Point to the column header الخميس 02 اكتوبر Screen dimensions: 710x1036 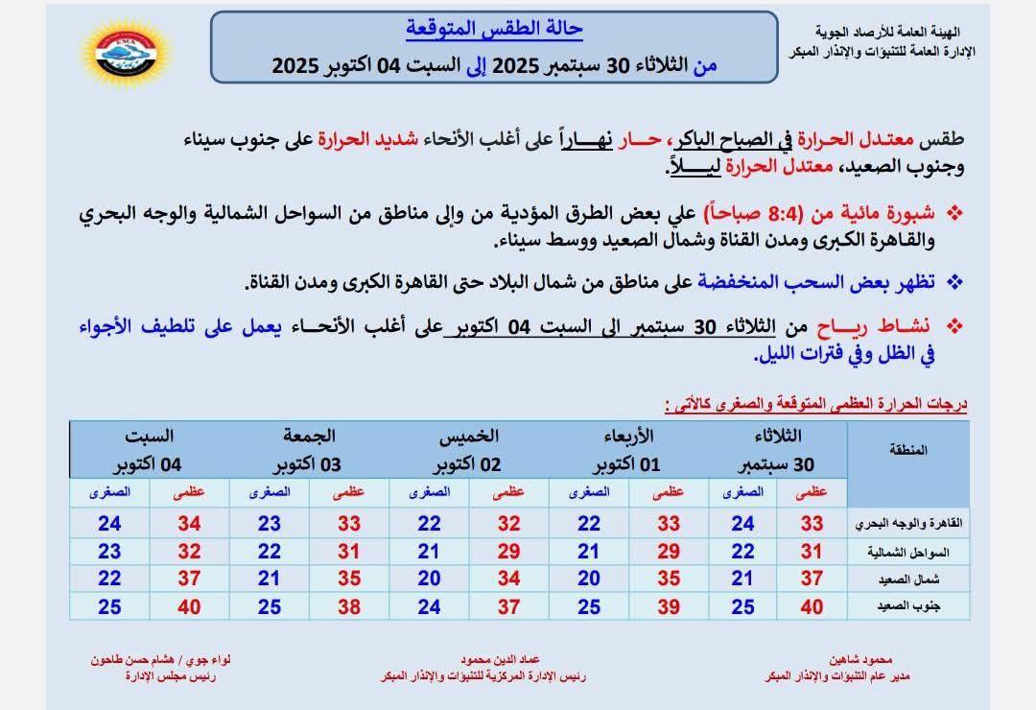[469, 450]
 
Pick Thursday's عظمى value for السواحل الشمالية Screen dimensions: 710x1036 [508, 552]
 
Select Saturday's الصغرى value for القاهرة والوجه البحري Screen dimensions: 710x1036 [109, 524]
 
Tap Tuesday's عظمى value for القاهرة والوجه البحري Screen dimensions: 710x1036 [812, 524]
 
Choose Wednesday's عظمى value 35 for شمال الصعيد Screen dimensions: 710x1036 [669, 580]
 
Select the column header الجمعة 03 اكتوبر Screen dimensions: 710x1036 [310, 450]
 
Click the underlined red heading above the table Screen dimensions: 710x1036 [814, 404]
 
